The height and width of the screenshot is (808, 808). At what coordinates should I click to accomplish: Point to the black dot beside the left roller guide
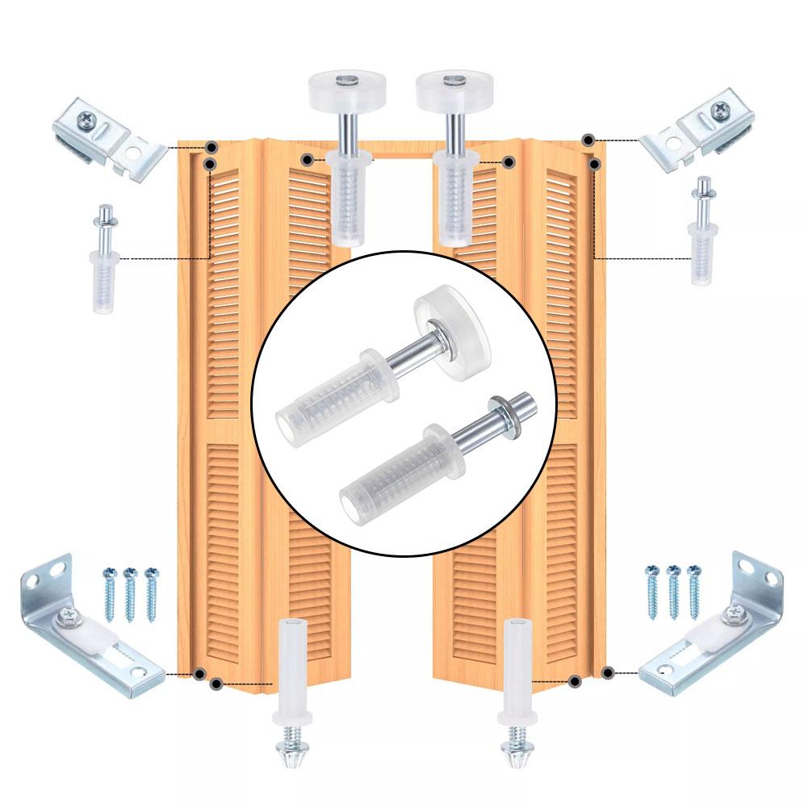pos(307,160)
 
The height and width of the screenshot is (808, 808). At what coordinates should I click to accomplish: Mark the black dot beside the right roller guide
pos(509,162)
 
